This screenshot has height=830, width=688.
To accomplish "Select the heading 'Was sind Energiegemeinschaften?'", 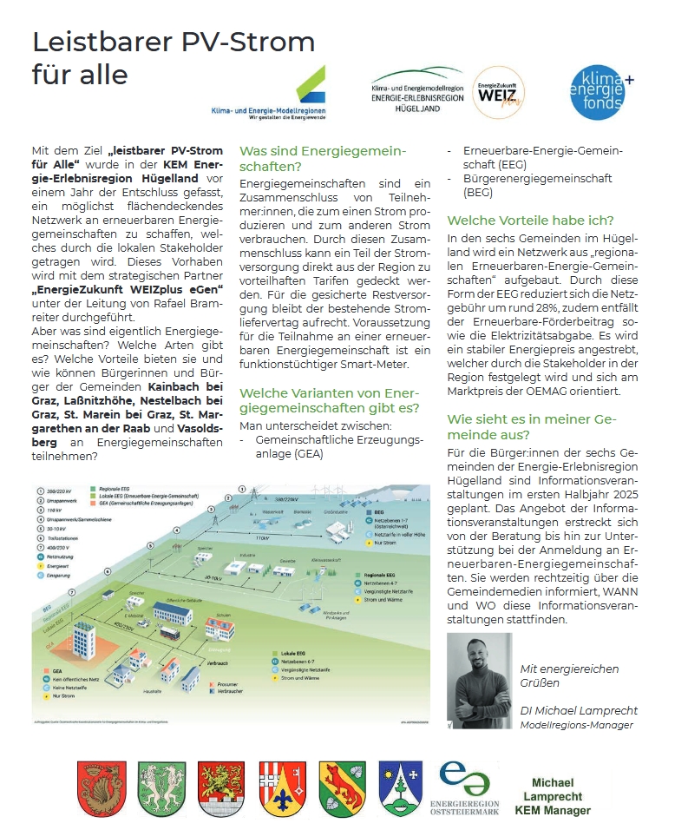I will pyautogui.click(x=323, y=158).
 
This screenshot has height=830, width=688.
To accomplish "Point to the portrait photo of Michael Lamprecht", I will pyautogui.click(x=479, y=680).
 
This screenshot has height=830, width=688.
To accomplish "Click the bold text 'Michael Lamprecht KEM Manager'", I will pyautogui.click(x=553, y=796).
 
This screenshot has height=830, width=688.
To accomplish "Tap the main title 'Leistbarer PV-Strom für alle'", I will pyautogui.click(x=173, y=57).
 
